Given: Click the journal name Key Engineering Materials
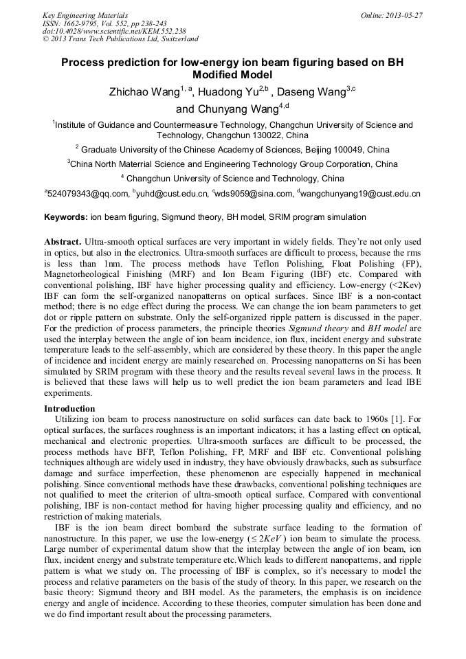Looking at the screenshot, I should coord(85,15).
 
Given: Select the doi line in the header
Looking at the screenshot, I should coord(113,31).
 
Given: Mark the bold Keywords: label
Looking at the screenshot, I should coord(66,217).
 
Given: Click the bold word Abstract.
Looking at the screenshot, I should coord(63,243).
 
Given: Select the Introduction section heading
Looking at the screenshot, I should coord(69,409).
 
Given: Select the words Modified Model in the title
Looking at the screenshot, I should coord(232,75).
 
